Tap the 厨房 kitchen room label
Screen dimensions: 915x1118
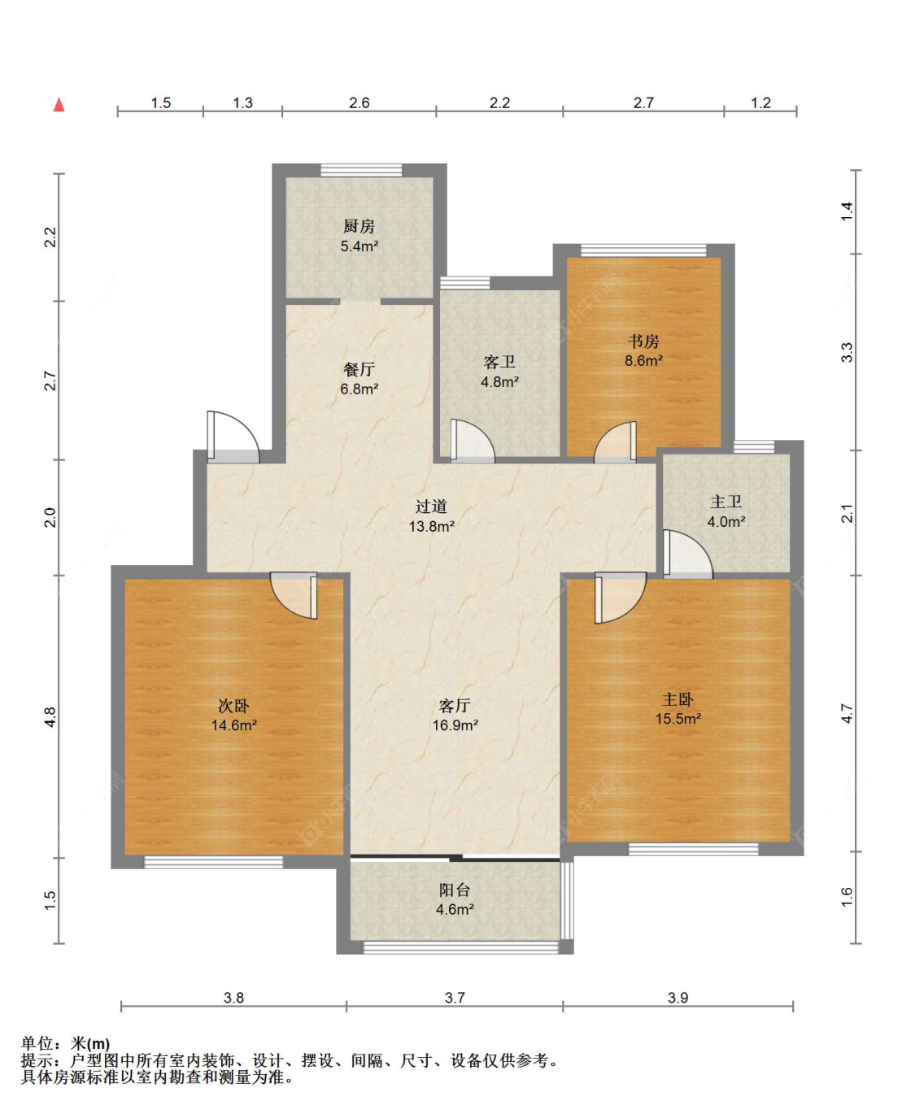click(359, 226)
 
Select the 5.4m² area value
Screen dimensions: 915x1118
click(359, 246)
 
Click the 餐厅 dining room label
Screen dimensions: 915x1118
click(359, 369)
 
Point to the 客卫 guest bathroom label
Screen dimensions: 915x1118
click(499, 362)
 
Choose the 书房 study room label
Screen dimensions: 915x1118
click(643, 341)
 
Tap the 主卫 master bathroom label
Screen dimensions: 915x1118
click(725, 502)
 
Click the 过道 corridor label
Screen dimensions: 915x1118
click(431, 507)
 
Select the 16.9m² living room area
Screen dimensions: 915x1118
click(455, 725)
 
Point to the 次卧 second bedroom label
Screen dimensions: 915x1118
click(234, 706)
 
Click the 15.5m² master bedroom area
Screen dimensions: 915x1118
click(678, 719)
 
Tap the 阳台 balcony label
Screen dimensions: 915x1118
click(455, 890)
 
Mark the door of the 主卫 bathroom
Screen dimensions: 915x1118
click(688, 554)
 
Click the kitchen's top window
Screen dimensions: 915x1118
click(361, 170)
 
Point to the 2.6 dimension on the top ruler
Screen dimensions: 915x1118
click(359, 102)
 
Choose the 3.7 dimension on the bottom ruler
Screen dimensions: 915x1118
click(455, 998)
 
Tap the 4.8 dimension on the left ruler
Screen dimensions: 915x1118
click(50, 716)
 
